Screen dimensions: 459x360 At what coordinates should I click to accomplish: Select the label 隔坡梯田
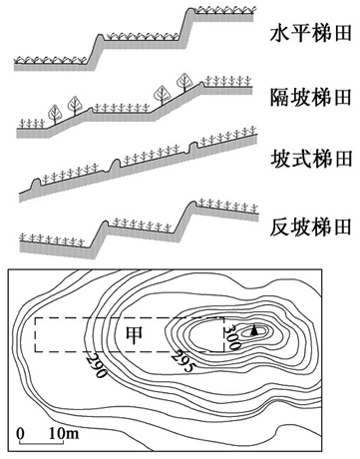click(x=311, y=97)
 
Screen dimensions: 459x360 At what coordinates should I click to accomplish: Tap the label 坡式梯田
click(x=311, y=161)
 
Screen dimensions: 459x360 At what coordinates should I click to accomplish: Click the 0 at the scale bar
click(x=22, y=433)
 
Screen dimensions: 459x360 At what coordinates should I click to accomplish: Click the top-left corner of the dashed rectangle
click(x=35, y=318)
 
